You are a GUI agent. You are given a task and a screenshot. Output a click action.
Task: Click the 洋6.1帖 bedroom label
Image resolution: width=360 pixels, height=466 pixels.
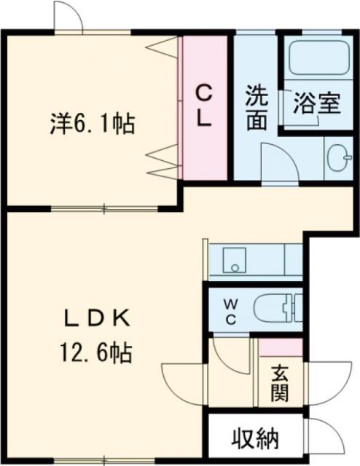(x=93, y=124)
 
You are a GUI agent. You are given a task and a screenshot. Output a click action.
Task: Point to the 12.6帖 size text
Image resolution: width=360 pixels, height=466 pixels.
(x=96, y=354)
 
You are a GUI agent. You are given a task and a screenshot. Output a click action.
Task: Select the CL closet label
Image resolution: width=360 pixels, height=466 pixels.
(x=206, y=106)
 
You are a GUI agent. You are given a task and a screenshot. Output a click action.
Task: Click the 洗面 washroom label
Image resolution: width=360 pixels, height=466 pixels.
(x=255, y=107)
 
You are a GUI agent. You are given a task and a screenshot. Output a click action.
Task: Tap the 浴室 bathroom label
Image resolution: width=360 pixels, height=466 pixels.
(x=316, y=103)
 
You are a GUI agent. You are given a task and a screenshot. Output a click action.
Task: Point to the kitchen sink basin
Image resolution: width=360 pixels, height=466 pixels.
(x=234, y=260)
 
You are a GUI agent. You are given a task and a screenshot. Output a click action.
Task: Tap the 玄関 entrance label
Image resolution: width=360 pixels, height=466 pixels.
(x=280, y=384)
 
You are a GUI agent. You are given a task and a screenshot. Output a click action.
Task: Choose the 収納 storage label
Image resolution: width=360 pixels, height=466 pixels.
(x=256, y=439)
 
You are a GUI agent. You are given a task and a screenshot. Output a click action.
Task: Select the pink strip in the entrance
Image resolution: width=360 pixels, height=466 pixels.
(x=281, y=347)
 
